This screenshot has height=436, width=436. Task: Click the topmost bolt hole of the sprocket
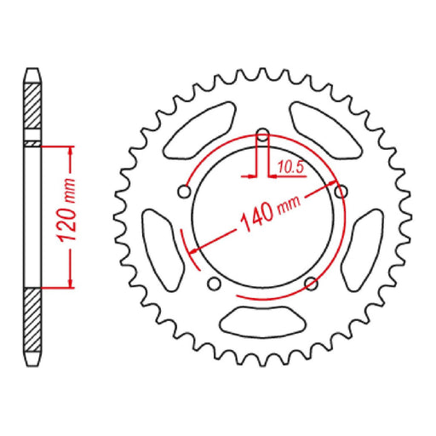pos(262,135)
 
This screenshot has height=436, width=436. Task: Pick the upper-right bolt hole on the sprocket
pos(342,190)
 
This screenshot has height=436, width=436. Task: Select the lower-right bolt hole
pos(312,284)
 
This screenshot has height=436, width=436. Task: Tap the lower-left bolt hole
pos(213,284)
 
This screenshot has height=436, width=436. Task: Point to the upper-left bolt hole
pos(183,192)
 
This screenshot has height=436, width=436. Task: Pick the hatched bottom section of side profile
pos(32,324)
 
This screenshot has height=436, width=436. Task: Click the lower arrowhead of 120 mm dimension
pos(68,283)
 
